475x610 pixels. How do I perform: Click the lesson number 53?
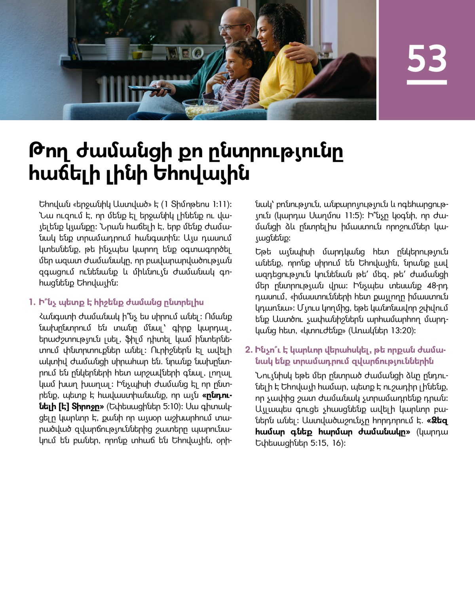tap(427, 59)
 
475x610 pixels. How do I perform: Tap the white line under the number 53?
tap(427, 82)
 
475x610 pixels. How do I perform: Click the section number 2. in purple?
tap(249, 350)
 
